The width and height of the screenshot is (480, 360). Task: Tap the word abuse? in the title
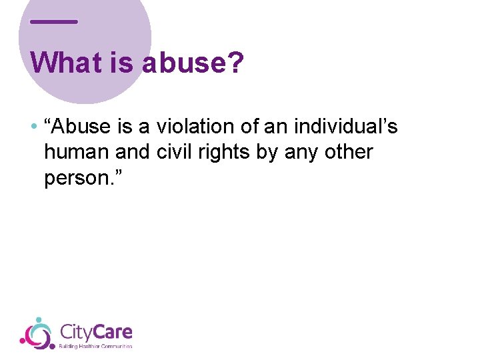point(193,63)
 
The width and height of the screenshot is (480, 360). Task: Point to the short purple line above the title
point(54,22)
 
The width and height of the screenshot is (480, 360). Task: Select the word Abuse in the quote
point(79,127)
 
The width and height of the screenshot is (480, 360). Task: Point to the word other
point(349,152)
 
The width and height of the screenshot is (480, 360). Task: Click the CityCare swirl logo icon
point(36,333)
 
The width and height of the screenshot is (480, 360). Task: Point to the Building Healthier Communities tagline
point(96,346)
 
